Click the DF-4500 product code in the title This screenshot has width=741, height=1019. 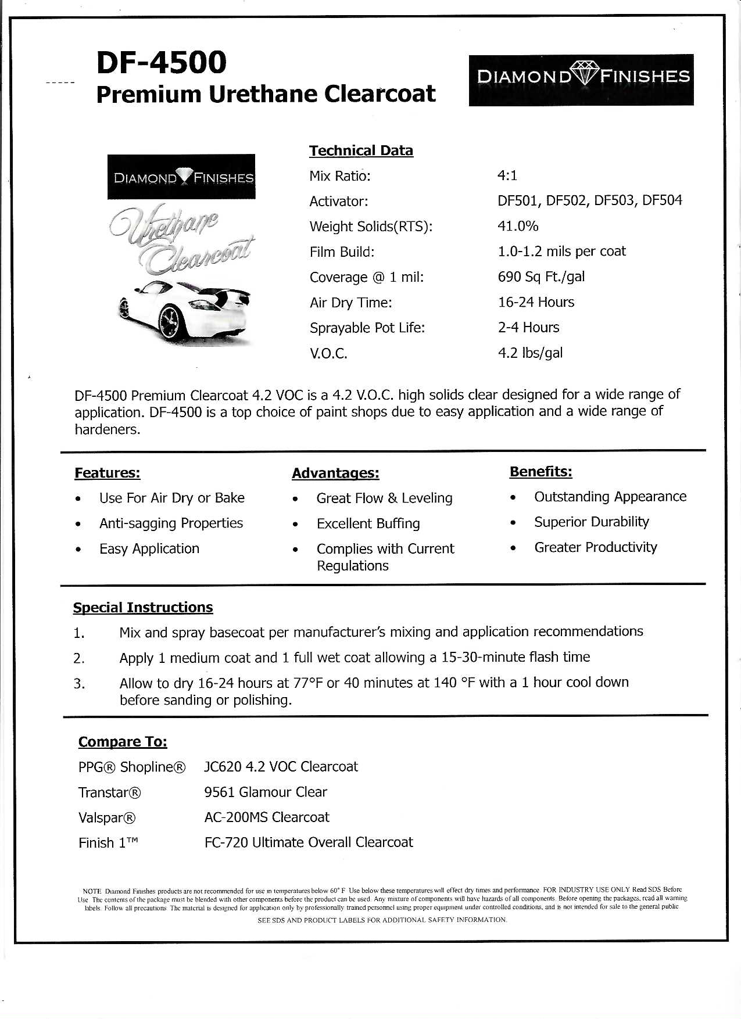pos(161,62)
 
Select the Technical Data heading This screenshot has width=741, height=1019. pos(361,150)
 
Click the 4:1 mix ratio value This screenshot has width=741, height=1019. pos(507,175)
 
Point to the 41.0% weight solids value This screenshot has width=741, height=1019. pos(518,226)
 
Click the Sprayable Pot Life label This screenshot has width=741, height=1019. pos(367,328)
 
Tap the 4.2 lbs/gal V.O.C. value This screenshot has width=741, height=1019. pos(530,353)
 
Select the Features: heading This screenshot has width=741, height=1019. pos(108,473)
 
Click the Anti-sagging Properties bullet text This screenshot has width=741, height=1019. pos(171,523)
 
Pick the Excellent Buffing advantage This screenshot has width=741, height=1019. pos(368,523)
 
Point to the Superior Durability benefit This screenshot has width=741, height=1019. pos(592,522)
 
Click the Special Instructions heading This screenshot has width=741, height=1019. pos(143,608)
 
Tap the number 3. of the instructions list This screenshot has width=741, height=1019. pos(79,684)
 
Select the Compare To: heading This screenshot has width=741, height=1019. pos(123,742)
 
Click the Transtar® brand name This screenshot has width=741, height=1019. pos(110,792)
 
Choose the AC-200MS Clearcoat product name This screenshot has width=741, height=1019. pos(267,817)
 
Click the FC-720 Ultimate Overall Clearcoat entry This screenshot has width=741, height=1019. pos(309,842)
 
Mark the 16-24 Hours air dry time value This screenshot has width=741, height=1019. pos(536,302)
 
